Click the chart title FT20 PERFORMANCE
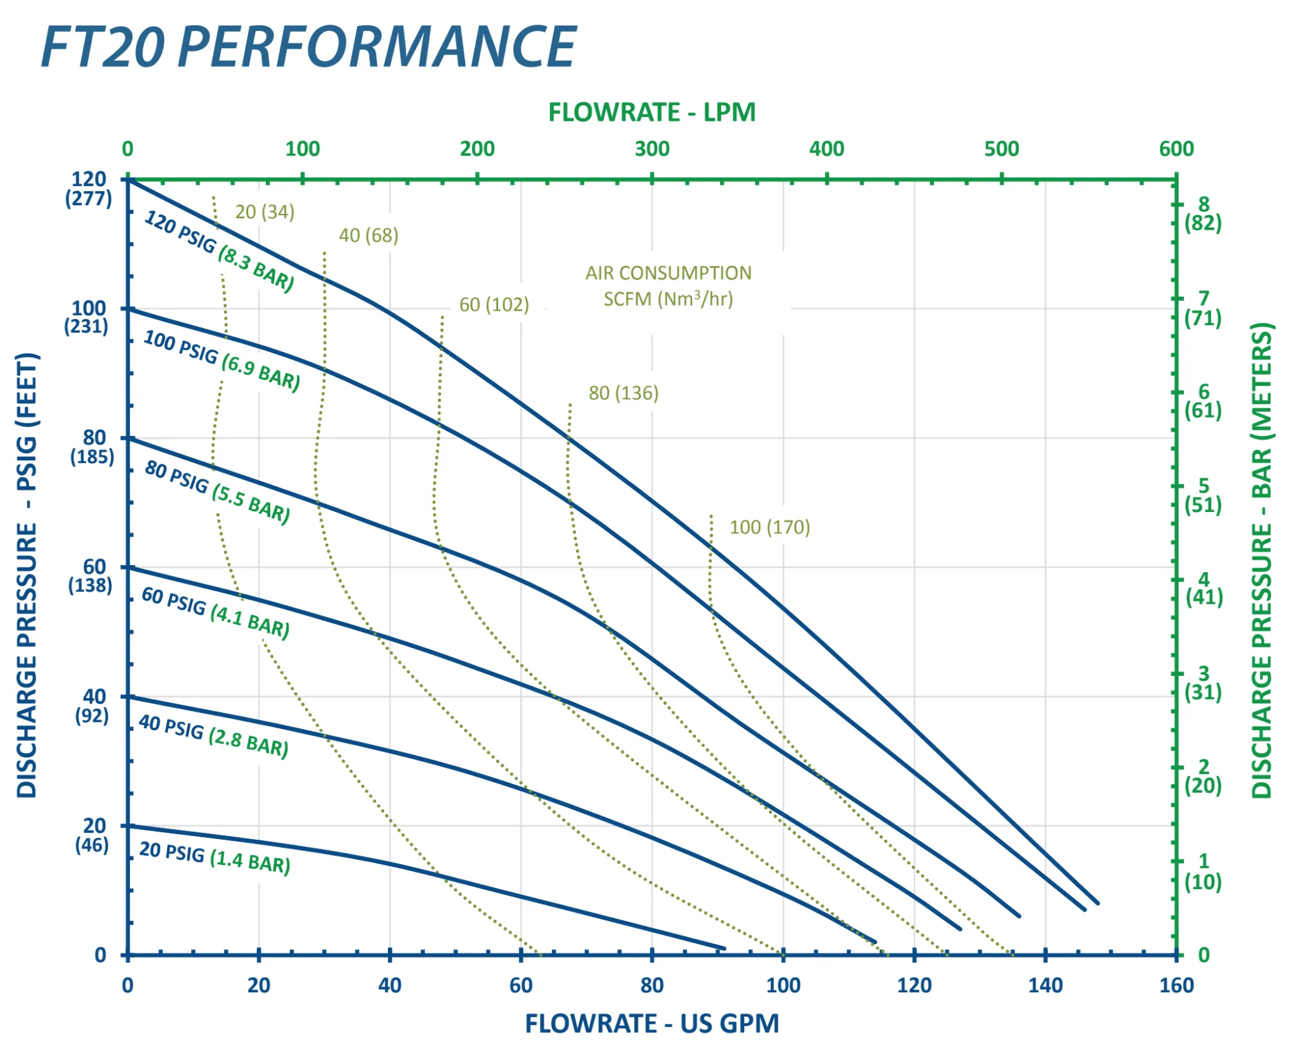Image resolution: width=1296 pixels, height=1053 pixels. coord(309,47)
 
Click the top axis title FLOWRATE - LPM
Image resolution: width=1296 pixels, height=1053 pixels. coord(652,113)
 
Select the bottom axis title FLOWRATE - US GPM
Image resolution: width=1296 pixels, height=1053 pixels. coord(652,1024)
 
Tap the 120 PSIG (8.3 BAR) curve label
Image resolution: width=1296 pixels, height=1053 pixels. coord(220,251)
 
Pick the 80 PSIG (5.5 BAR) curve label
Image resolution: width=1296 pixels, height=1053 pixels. coord(217,492)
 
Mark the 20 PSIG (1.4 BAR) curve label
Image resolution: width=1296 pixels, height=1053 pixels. coord(215,857)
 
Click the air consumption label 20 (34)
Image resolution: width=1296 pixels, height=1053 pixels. coord(265,212)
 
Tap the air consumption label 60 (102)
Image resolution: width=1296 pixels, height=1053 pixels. coord(494,305)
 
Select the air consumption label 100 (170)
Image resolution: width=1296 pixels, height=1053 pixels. coord(770,527)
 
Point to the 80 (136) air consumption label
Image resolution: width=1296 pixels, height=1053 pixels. coord(624,393)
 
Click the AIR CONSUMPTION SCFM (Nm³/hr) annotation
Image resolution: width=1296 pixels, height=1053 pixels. coord(668,286)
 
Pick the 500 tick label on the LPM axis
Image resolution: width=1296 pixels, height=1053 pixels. coord(1002,149)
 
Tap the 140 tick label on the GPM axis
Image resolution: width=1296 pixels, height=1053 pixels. coord(1045,985)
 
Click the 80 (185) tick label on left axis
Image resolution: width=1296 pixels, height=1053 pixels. coord(93,447)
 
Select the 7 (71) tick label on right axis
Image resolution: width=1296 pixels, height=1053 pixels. coord(1203,308)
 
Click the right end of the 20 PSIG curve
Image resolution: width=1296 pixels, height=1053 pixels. coord(723,948)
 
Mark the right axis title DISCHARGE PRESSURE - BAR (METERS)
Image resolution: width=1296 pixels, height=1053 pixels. coord(1262,560)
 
